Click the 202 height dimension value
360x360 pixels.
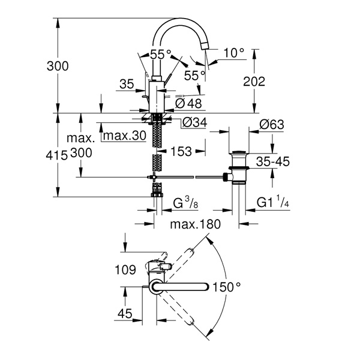tap(254, 82)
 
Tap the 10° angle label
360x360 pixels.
tap(233, 53)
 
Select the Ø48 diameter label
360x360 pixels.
tap(188, 104)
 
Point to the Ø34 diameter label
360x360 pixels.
tap(194, 122)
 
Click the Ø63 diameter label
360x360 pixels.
tap(272, 125)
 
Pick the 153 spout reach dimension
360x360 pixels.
tap(181, 152)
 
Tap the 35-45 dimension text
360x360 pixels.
tap(273, 161)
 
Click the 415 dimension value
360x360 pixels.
tap(56, 155)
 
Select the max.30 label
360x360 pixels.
tap(125, 136)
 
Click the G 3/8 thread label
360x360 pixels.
tap(185, 203)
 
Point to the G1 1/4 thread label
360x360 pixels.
tap(273, 203)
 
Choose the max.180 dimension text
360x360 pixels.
tap(196, 224)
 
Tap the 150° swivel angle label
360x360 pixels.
tap(227, 287)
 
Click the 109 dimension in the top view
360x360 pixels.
tap(125, 269)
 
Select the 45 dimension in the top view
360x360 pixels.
tap(125, 314)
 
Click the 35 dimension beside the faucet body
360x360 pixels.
tap(127, 84)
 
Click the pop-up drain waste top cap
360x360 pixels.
tap(239, 152)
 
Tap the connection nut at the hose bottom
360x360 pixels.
tap(157, 195)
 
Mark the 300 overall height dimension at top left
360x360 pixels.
tap(58, 66)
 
